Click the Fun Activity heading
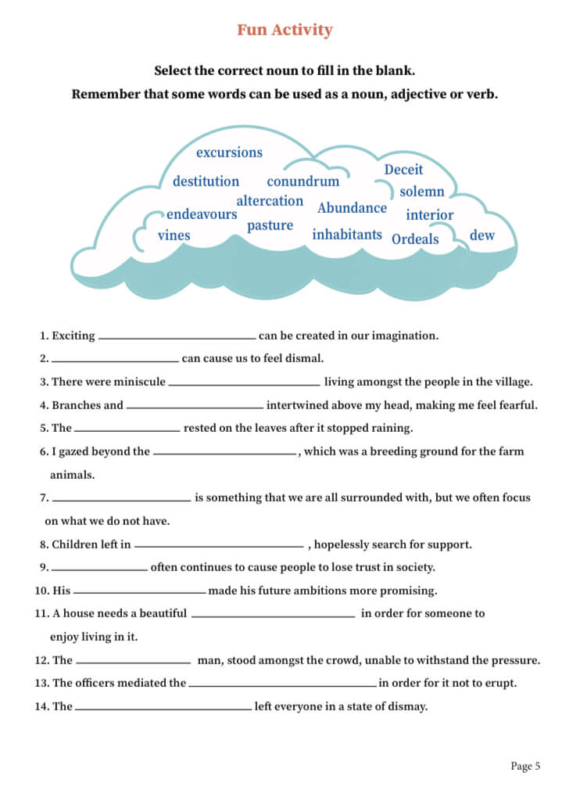tap(285, 30)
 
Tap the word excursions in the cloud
tap(229, 153)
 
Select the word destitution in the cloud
tap(206, 181)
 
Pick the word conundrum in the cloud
tap(303, 181)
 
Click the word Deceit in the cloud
tap(403, 170)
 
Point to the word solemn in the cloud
tap(421, 192)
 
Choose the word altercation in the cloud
tap(270, 201)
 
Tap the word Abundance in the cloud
tap(352, 208)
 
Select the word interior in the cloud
tap(429, 215)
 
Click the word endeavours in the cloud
tap(202, 214)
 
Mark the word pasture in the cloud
tap(270, 226)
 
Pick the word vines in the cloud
tap(174, 235)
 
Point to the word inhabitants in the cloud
tap(347, 235)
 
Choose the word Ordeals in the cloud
tap(415, 239)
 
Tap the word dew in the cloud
tap(482, 235)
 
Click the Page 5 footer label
tap(525, 767)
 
